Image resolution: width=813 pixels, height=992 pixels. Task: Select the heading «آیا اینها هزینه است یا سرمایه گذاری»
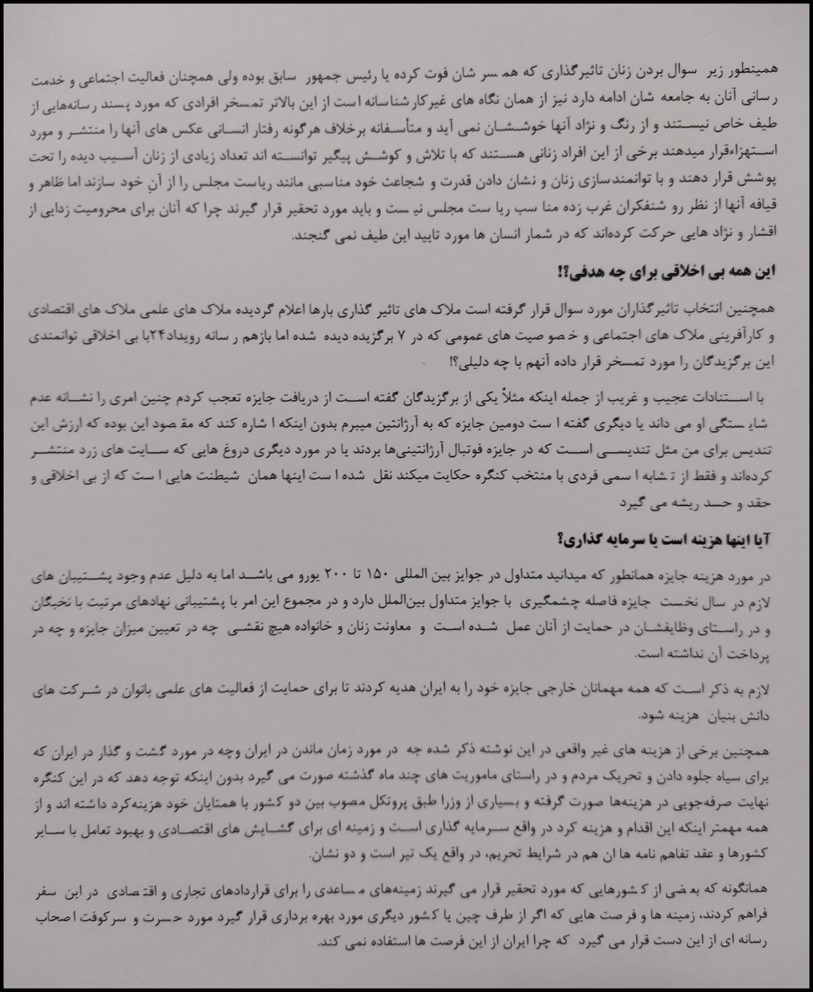point(665,540)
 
